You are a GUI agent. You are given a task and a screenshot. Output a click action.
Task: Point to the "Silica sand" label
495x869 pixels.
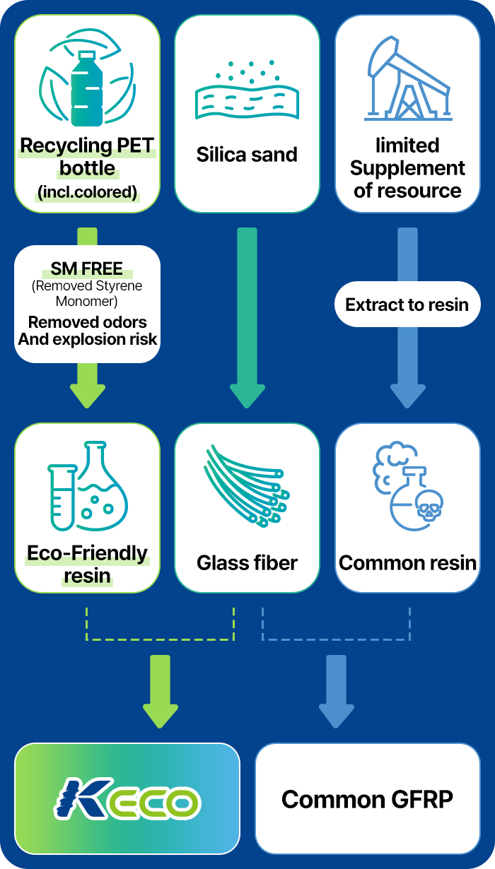pyautogui.click(x=247, y=155)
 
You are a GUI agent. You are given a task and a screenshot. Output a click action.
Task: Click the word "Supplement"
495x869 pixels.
pyautogui.click(x=407, y=168)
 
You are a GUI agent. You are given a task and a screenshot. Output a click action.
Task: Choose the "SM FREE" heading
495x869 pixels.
pyautogui.click(x=87, y=269)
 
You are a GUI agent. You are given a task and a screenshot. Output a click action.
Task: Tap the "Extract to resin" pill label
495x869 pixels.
pyautogui.click(x=407, y=305)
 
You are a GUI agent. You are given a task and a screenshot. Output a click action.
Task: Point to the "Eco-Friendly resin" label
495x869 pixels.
pyautogui.click(x=87, y=564)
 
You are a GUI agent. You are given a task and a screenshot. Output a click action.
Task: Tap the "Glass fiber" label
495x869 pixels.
pyautogui.click(x=247, y=563)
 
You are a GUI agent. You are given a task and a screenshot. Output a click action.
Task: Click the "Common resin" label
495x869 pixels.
pyautogui.click(x=407, y=563)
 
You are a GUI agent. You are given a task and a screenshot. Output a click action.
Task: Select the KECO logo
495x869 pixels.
pyautogui.click(x=127, y=798)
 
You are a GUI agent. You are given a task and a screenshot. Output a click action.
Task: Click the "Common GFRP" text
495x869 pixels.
pyautogui.click(x=367, y=799)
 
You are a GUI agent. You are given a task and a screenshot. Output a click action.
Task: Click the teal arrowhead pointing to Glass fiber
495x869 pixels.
pyautogui.click(x=247, y=396)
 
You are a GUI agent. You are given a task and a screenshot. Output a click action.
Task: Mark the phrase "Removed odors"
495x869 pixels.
pyautogui.click(x=88, y=322)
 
